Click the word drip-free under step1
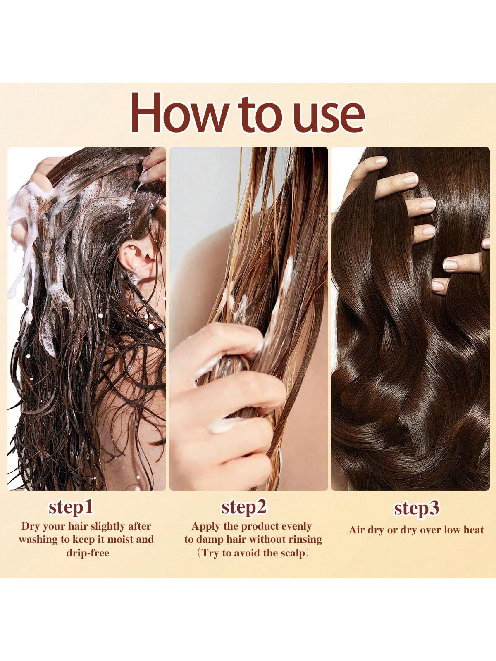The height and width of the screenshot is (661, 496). point(88,553)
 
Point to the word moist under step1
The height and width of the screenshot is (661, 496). point(120,540)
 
